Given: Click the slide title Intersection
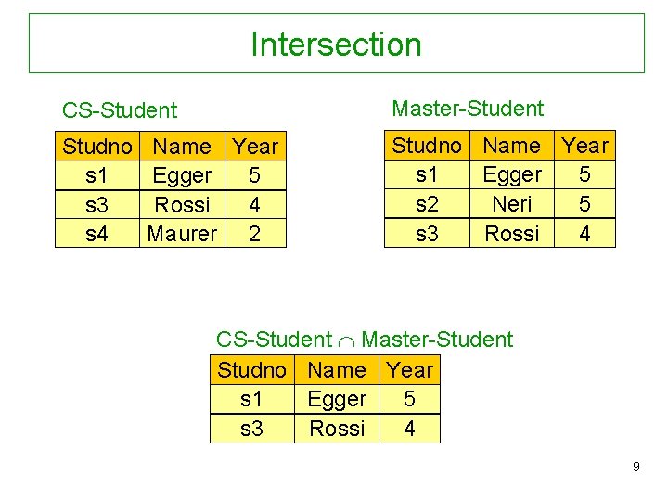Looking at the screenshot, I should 336,45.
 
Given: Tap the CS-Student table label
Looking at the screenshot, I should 119,110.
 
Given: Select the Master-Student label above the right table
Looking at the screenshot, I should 468,109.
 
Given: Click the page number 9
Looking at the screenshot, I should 636,467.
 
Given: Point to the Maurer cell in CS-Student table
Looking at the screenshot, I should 182,234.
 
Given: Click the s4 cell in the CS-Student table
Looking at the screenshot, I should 96,234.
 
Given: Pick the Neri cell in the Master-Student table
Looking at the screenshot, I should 512,204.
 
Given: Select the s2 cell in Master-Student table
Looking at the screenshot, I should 427,204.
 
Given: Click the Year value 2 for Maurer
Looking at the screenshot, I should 255,234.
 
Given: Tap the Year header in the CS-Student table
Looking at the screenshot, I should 255,147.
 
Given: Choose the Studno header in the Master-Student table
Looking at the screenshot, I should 427,146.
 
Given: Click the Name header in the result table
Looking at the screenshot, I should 337,370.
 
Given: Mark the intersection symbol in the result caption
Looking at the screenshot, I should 347,340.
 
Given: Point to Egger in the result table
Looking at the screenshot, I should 337,399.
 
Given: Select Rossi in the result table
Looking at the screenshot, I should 337,429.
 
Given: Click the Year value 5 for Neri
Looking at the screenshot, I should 584,204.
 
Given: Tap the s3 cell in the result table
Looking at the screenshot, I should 251,429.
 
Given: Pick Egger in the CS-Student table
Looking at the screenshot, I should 182,175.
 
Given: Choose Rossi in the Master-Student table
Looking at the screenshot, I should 512,234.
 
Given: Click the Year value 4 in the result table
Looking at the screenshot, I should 409,429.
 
